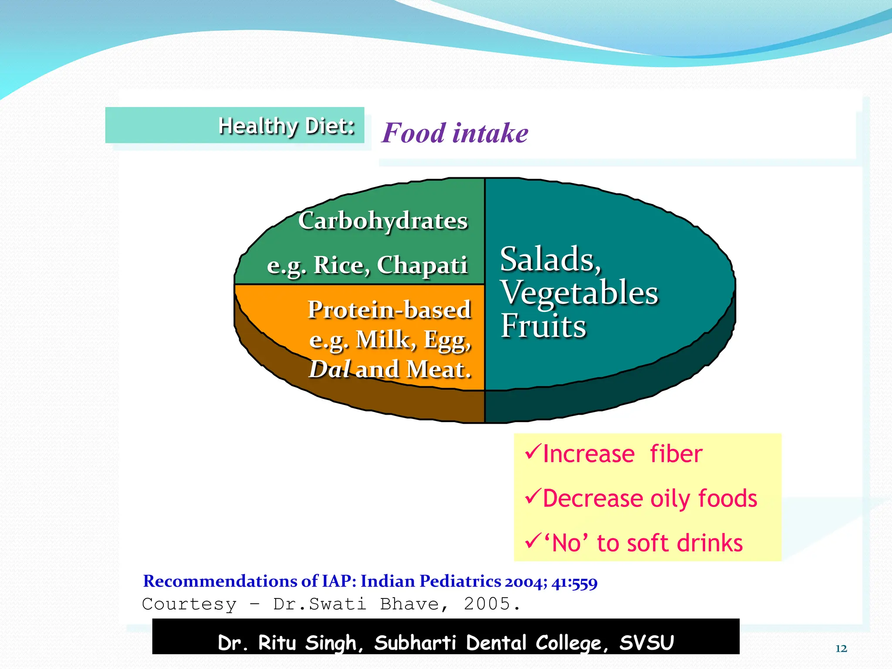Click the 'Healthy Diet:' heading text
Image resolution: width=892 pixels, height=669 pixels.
pyautogui.click(x=286, y=126)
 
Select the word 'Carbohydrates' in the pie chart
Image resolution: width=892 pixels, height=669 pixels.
pyautogui.click(x=383, y=220)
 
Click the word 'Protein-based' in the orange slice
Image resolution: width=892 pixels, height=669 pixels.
pyautogui.click(x=389, y=310)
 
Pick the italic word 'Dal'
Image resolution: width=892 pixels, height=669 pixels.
pyautogui.click(x=329, y=369)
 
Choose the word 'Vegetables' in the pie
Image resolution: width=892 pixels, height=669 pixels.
pyautogui.click(x=579, y=293)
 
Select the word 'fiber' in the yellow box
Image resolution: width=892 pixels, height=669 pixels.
pyautogui.click(x=676, y=454)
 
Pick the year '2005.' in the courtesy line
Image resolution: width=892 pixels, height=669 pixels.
pyautogui.click(x=492, y=604)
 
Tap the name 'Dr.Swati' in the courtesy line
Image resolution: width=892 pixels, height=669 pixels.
pyautogui.click(x=319, y=604)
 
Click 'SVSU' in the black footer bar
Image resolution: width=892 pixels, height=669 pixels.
pyautogui.click(x=646, y=643)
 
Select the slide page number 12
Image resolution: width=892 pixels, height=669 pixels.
pyautogui.click(x=841, y=649)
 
